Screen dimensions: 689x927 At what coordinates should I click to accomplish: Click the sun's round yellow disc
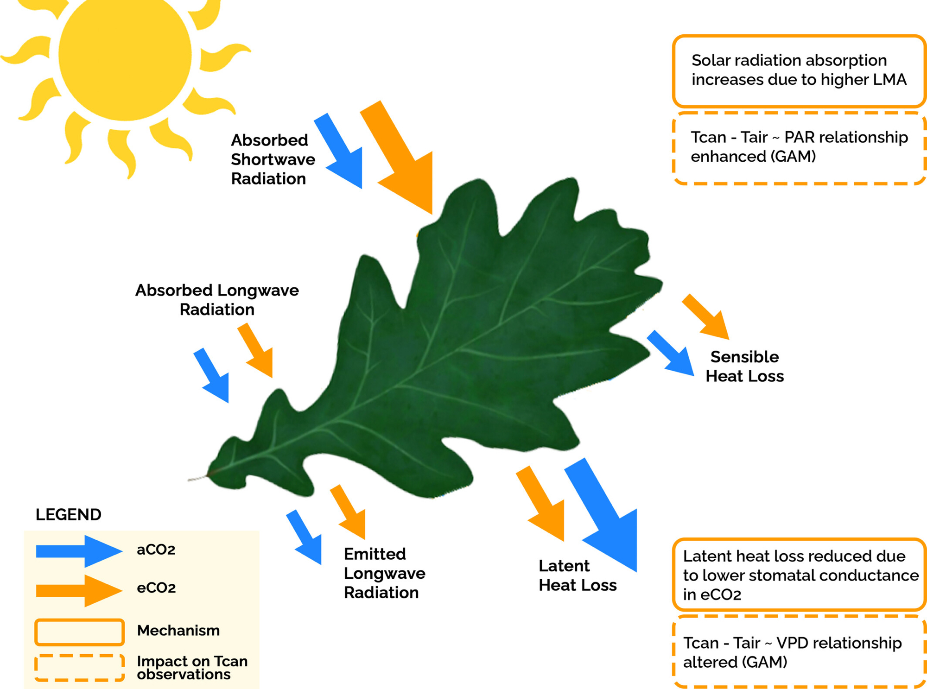click(125, 55)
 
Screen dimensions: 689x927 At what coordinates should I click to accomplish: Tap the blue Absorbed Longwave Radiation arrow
click(212, 376)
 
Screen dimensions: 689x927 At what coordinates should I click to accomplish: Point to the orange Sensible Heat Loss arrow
click(707, 317)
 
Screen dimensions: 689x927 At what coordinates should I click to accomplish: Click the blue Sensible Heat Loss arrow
click(672, 354)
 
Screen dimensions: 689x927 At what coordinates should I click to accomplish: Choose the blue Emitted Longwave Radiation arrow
click(305, 537)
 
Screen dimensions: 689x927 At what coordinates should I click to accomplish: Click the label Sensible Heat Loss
click(744, 367)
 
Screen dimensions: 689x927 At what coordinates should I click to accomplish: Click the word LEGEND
click(69, 514)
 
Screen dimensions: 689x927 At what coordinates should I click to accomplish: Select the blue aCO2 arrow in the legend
click(79, 551)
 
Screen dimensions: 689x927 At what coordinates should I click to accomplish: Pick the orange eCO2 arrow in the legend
click(79, 590)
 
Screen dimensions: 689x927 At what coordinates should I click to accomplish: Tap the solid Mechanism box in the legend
click(79, 632)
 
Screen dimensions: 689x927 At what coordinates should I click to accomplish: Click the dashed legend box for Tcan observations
click(79, 668)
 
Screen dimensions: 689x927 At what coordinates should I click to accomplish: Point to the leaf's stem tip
click(190, 480)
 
